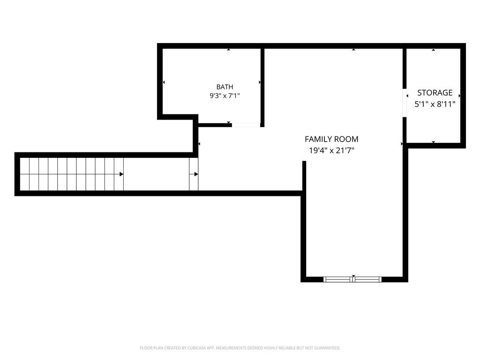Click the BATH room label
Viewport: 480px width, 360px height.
225,87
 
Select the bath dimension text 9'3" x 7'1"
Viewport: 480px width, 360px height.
225,96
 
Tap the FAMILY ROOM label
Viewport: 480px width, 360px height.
331,139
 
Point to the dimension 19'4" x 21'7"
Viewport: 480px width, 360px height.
331,150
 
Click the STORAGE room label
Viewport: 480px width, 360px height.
435,93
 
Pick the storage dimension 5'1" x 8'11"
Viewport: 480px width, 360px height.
435,105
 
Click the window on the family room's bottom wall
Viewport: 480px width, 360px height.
352,279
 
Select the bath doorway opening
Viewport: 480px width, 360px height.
246,125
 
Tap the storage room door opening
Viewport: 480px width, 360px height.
405,103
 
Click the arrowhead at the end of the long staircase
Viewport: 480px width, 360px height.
121,174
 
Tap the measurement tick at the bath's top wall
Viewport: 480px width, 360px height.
229,49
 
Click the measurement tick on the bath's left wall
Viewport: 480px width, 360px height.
164,82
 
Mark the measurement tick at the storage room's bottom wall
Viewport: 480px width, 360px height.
434,142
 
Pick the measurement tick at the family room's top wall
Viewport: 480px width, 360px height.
353,49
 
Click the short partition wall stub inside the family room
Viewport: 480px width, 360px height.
304,176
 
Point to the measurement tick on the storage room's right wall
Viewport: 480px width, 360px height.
459,96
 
